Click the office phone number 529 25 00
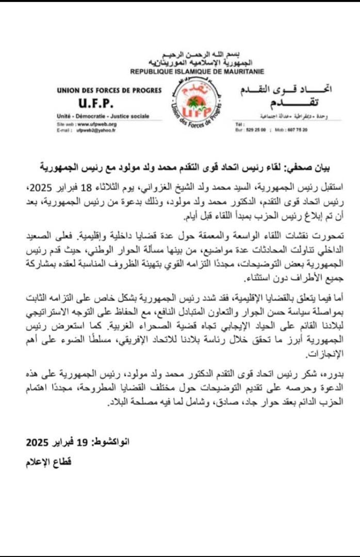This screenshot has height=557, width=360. click(x=258, y=130)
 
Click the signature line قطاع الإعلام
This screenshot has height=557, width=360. click(x=48, y=462)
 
